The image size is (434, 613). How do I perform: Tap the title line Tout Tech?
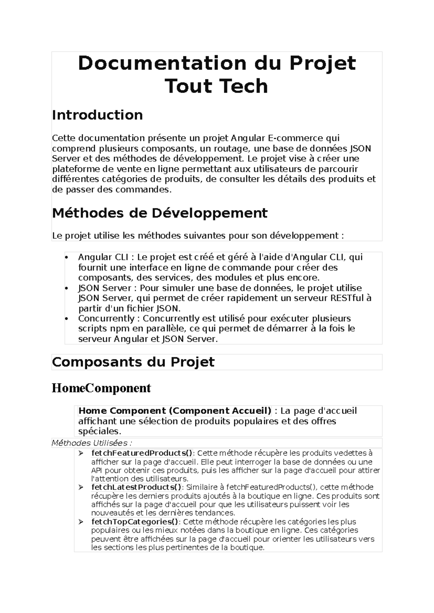[x=216, y=86]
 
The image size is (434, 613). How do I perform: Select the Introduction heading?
[x=97, y=115]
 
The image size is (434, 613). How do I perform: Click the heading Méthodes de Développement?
[x=159, y=213]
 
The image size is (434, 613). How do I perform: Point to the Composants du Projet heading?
[x=133, y=362]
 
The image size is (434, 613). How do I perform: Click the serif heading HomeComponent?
[x=101, y=388]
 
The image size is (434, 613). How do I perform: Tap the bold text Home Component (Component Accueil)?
[x=175, y=411]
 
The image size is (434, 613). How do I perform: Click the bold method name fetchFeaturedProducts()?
[x=142, y=453]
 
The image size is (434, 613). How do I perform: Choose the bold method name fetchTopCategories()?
[x=135, y=522]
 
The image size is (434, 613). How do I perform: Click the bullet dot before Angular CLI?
[x=66, y=258]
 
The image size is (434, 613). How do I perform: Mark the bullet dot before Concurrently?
[x=66, y=319]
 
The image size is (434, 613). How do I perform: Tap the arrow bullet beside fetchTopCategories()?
[x=81, y=522]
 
